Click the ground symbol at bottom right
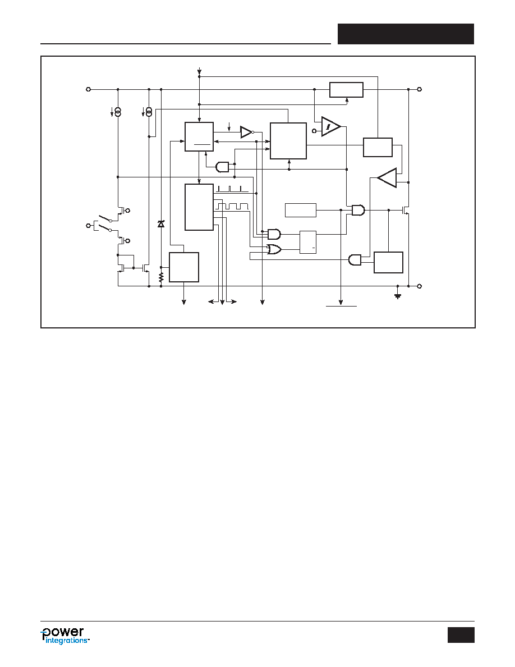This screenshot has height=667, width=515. point(398,296)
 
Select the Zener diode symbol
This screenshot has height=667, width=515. point(160,224)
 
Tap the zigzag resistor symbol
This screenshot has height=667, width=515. point(161,277)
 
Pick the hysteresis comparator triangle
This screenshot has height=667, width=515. point(331,126)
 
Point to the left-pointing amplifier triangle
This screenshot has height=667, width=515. point(387,178)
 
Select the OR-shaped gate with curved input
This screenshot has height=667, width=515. point(274,249)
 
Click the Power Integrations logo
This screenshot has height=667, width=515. point(65,636)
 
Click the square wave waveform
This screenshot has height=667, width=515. point(232,206)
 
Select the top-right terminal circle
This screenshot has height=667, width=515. point(420,89)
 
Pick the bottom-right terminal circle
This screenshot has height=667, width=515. point(420,286)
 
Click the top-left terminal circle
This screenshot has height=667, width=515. point(89,89)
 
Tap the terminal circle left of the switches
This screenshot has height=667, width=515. point(89,226)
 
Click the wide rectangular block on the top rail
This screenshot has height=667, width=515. point(346,90)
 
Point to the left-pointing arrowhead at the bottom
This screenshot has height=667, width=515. point(211,302)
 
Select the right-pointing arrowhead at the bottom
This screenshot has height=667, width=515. point(234,302)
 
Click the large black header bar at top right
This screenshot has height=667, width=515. point(406,34)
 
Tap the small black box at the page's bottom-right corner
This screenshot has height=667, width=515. point(461,634)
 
